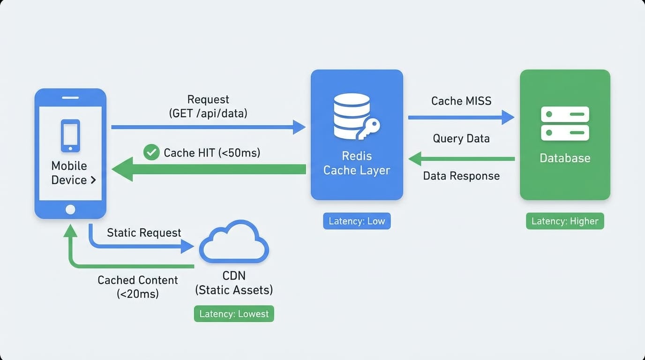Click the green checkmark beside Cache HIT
[x=151, y=152]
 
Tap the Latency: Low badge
[x=357, y=221]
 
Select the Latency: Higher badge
[x=565, y=221]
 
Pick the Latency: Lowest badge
[x=234, y=314]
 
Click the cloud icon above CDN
[x=234, y=242]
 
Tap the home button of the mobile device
[x=70, y=210]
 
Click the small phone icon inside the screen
[x=70, y=135]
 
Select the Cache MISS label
[x=461, y=101]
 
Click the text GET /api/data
[x=208, y=113]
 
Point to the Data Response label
[x=461, y=176]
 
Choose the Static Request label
[x=144, y=233]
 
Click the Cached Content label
[x=138, y=280]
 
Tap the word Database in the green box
[x=565, y=158]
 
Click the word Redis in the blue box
[x=357, y=156]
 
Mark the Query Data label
[x=461, y=139]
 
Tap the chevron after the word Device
[x=93, y=180]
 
